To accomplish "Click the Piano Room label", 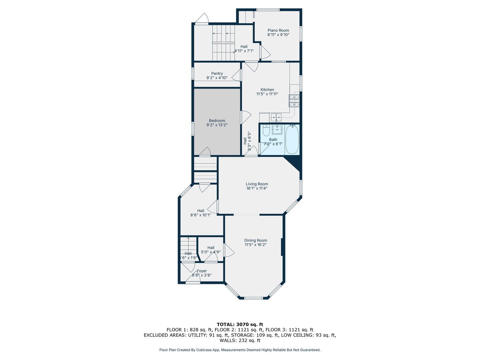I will tap(278, 30).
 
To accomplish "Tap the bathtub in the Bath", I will tap(292, 140).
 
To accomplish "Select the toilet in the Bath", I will tap(266, 130).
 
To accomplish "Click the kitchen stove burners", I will tap(294, 100).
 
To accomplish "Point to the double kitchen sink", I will tap(276, 117).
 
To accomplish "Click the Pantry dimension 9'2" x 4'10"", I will tap(217, 78).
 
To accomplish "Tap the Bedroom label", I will tap(217, 121).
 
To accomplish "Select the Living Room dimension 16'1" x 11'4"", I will tap(257, 188).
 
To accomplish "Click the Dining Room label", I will tap(256, 240).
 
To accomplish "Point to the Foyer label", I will tap(202, 271).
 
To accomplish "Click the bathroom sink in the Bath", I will tap(277, 129).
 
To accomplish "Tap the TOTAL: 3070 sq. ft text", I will tap(240, 324).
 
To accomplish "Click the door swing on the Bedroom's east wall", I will tap(245, 117).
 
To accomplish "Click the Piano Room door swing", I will tap(265, 52).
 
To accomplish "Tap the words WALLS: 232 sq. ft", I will tap(240, 340).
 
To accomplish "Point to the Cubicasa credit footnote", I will tap(240, 350).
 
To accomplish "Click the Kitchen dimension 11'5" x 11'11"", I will tap(267, 94).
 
